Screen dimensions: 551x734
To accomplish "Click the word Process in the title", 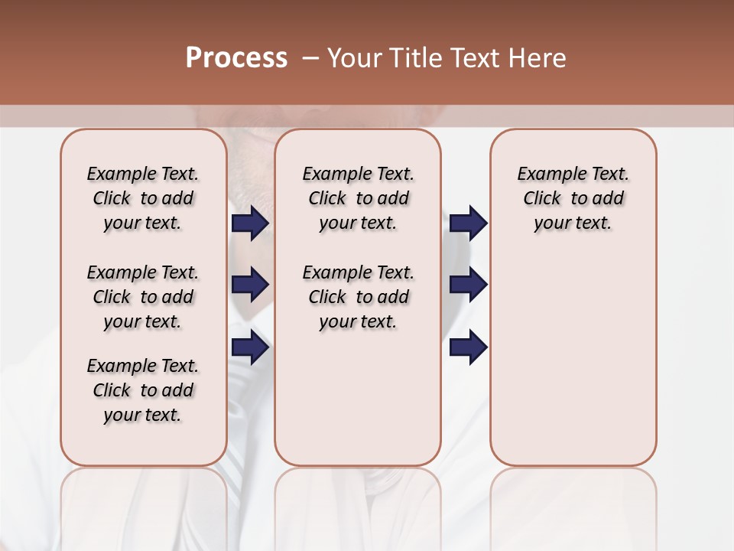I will click(236, 58).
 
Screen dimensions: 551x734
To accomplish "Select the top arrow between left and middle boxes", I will click(250, 223).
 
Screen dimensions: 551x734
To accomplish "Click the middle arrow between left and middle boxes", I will click(250, 285).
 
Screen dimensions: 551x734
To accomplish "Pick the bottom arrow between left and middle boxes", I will click(250, 347).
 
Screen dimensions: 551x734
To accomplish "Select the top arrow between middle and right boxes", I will click(468, 223).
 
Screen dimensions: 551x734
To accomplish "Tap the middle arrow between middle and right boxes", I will click(468, 285).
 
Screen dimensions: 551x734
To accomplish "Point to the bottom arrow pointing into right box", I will click(468, 347).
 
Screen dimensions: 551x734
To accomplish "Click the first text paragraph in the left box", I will click(143, 198).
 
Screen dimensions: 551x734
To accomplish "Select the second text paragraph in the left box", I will click(143, 297).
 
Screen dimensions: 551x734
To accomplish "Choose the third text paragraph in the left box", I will click(143, 390).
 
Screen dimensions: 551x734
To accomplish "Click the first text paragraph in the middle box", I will click(358, 198).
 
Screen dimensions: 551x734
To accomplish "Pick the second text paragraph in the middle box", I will click(358, 297).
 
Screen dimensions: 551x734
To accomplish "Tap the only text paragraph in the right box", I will click(573, 198).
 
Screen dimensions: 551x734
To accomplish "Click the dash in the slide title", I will click(310, 58).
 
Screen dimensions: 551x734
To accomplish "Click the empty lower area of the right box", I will click(573, 360).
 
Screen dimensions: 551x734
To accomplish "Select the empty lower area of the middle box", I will click(358, 398).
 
